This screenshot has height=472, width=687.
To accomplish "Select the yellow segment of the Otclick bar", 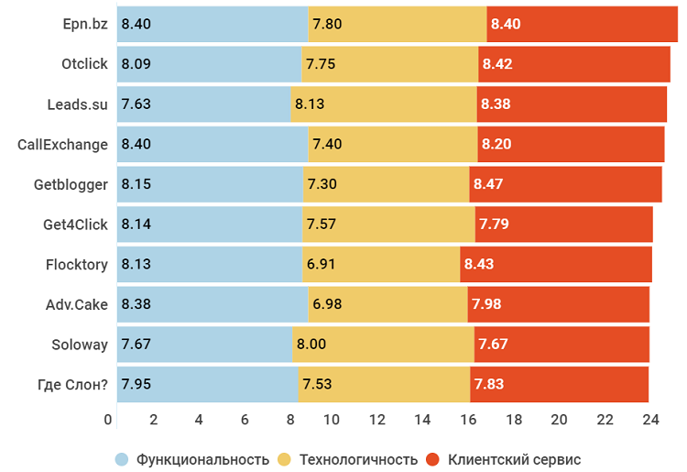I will pyautogui.click(x=389, y=64).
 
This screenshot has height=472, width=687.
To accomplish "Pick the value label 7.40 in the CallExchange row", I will pyautogui.click(x=327, y=144).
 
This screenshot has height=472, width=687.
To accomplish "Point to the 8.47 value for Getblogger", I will pyautogui.click(x=488, y=184).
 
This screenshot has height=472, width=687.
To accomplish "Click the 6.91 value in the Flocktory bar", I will pyautogui.click(x=322, y=264).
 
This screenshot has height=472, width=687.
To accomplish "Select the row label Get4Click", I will pyautogui.click(x=76, y=225).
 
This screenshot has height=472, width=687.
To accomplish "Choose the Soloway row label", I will pyautogui.click(x=80, y=345).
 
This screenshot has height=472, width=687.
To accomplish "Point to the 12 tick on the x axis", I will pyautogui.click(x=376, y=420).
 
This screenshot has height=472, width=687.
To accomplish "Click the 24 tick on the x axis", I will pyautogui.click(x=649, y=420).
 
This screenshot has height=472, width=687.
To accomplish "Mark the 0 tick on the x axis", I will pyautogui.click(x=109, y=420).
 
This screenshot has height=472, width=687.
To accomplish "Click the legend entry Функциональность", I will pyautogui.click(x=202, y=459).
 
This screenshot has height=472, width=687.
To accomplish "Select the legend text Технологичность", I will pyautogui.click(x=359, y=459).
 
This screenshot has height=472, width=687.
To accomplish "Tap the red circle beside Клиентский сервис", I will pyautogui.click(x=434, y=459).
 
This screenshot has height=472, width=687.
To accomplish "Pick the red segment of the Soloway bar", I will pyautogui.click(x=561, y=345).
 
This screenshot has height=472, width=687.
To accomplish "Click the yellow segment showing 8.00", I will pyautogui.click(x=383, y=345).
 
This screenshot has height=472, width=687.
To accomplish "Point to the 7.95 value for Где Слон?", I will pyautogui.click(x=136, y=384).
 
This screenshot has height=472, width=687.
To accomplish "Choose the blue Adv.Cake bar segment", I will pyautogui.click(x=213, y=304).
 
